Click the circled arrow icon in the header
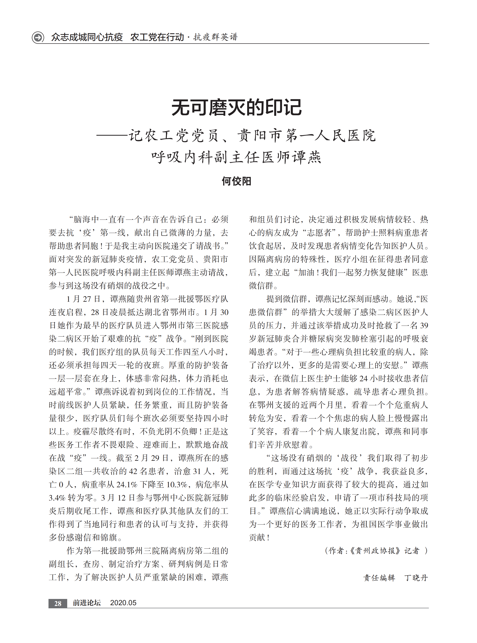(x=38, y=37)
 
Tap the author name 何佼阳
(x=236, y=181)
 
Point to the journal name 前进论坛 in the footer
(x=87, y=603)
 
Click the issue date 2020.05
(x=123, y=603)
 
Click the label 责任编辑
(x=379, y=578)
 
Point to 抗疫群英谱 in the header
(x=215, y=37)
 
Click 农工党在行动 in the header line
(x=157, y=37)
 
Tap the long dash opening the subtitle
(x=112, y=135)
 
